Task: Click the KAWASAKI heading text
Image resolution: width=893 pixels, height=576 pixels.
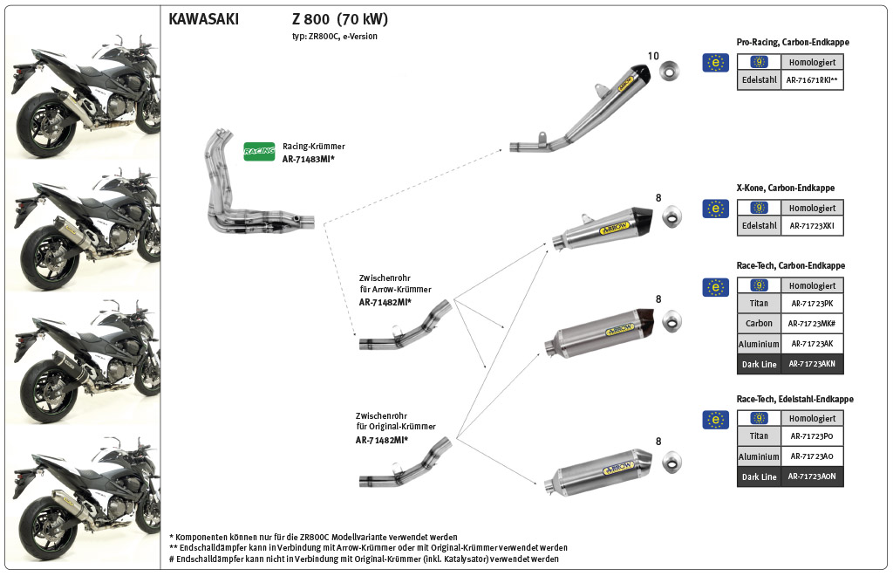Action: pos(202,18)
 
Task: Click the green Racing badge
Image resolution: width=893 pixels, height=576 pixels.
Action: pos(259,149)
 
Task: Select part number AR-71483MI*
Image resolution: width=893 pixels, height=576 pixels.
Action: pos(308,160)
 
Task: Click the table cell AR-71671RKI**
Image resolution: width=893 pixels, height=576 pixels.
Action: pos(813,80)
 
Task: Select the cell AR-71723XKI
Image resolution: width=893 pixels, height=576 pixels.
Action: pos(813,226)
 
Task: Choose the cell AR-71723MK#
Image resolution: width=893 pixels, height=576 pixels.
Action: pos(813,324)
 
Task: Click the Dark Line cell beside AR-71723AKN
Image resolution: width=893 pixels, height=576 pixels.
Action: pos(759,365)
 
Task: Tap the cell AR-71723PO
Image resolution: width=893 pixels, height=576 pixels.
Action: pos(813,435)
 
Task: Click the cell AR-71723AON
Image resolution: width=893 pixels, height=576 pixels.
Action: pos(813,477)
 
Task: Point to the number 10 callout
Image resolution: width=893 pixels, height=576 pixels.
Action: pos(652,56)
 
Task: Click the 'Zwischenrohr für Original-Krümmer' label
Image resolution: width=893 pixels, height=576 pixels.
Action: pos(395,422)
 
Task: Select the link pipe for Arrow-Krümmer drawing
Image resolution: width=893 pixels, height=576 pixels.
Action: pos(406,327)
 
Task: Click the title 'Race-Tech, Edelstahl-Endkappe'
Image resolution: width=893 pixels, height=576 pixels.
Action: pos(794,399)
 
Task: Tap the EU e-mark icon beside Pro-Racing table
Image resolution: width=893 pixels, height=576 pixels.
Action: pos(715,62)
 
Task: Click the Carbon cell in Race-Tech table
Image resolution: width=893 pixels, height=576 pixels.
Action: pos(759,324)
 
